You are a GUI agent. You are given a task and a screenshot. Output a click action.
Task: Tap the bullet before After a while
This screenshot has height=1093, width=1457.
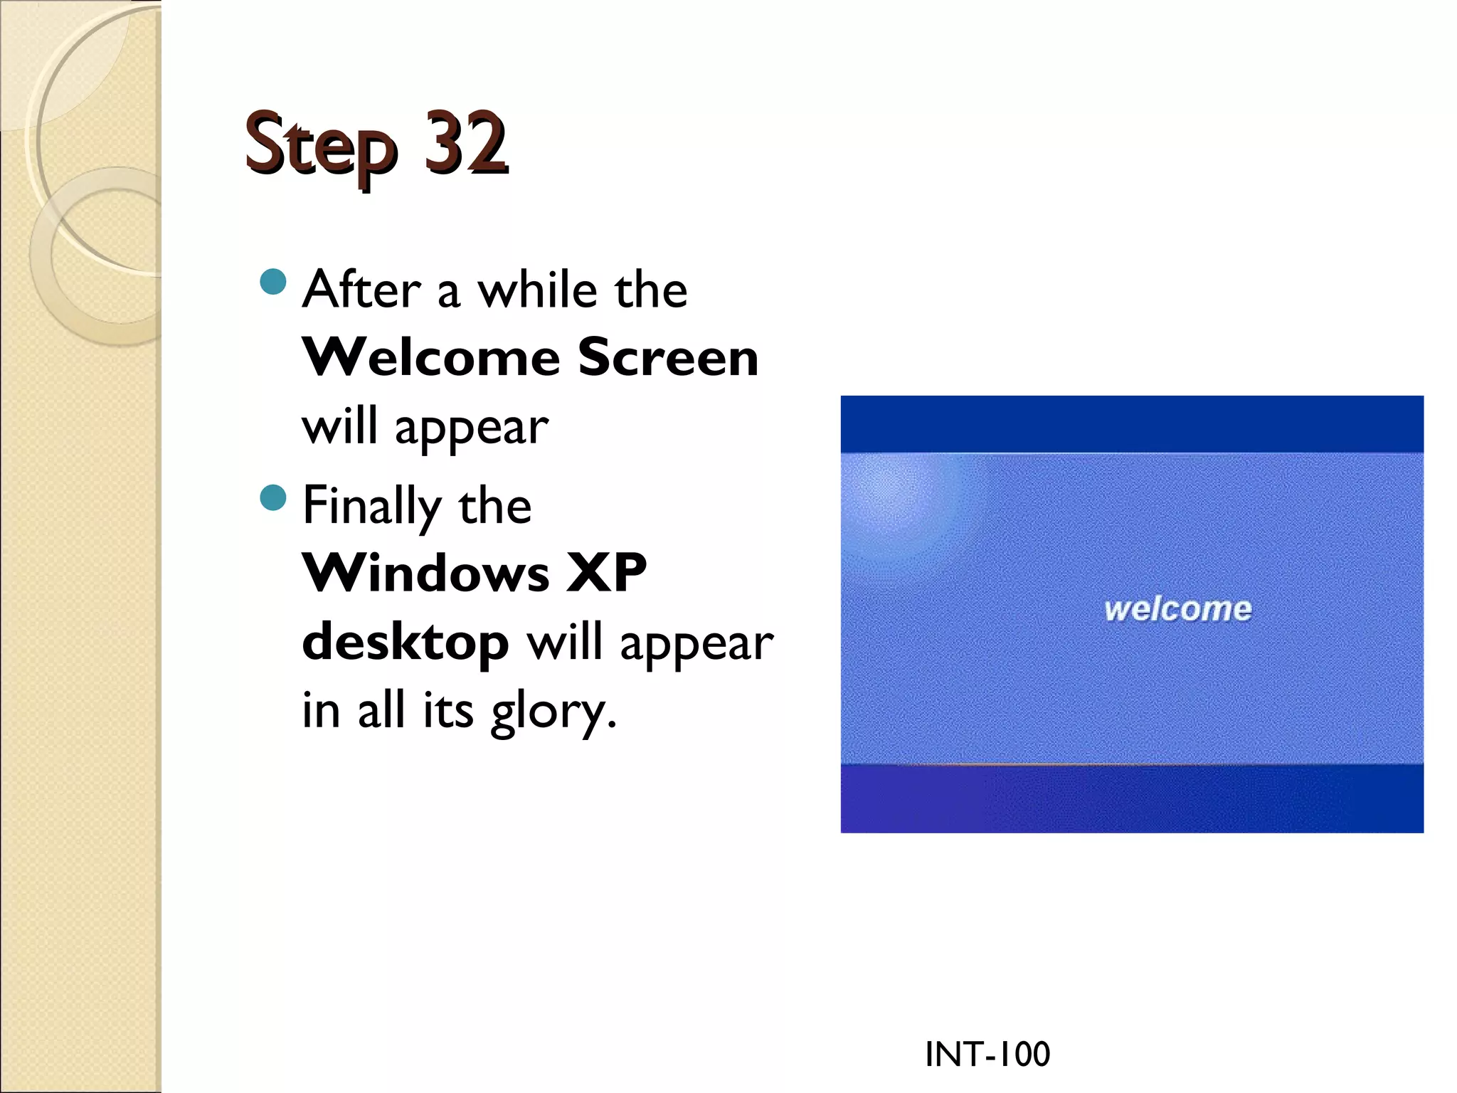273,282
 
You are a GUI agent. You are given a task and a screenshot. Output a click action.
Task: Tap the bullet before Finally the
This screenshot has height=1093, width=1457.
273,497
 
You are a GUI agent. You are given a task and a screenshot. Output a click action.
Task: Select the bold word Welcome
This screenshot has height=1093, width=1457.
431,357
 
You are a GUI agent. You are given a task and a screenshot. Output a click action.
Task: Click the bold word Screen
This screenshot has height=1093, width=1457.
668,357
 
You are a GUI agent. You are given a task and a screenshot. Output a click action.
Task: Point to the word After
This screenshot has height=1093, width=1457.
361,290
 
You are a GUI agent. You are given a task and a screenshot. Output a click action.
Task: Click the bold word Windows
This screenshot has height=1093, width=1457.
426,573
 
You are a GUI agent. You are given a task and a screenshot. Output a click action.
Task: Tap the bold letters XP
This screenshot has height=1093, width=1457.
606,573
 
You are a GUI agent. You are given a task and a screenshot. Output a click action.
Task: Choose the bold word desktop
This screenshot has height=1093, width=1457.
406,642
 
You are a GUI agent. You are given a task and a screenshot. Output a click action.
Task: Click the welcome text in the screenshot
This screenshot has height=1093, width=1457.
1177,609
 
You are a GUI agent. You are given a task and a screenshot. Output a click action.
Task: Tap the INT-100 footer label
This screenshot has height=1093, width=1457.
987,1054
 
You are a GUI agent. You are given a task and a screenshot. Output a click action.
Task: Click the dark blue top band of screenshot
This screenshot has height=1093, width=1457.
1131,423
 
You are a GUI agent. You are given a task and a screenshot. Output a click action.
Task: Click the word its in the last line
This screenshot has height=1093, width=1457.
447,710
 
